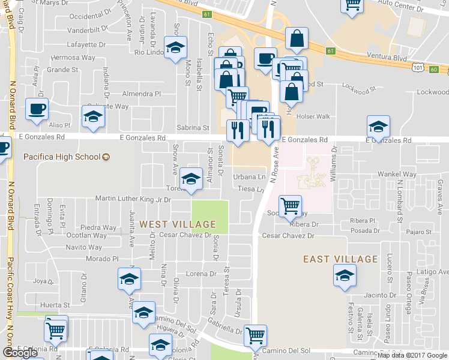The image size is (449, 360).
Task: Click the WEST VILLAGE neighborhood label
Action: coord(177,224)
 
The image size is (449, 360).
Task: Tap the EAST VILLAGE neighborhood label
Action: coord(340,259)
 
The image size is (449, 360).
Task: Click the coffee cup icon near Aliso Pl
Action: coord(37,110)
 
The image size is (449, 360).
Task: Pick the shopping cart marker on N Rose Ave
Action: coord(290,206)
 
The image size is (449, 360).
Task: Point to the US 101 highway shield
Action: coord(418,69)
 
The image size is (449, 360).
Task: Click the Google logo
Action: coord(20,353)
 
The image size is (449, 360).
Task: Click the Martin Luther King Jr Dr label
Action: coord(133,199)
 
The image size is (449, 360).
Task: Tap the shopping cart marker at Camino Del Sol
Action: coord(256,335)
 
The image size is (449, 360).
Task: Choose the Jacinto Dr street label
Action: coord(380,295)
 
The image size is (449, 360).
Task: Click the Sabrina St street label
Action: coord(193,128)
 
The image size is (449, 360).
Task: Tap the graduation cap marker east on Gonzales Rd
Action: coord(378,127)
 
